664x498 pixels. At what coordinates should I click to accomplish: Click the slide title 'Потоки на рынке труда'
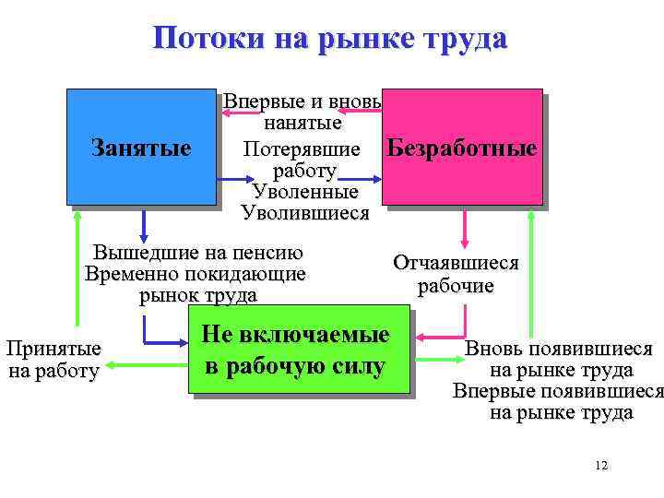tap(330, 39)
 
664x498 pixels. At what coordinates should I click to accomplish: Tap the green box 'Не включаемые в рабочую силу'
tap(298, 351)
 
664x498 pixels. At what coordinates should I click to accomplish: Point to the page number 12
tap(601, 466)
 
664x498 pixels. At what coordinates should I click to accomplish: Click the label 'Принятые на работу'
tap(53, 361)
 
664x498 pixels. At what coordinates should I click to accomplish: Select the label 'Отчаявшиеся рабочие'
tap(456, 274)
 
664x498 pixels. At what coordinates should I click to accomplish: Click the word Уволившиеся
tap(304, 214)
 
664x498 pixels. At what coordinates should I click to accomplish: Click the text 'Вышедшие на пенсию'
tap(198, 254)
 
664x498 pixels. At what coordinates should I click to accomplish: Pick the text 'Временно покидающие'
tap(195, 274)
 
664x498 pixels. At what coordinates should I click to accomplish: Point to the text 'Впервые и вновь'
tap(303, 101)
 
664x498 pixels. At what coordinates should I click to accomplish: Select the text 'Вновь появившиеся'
tap(559, 350)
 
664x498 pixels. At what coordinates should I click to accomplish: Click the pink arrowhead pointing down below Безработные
tap(464, 242)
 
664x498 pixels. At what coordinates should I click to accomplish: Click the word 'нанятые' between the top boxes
tap(303, 122)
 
